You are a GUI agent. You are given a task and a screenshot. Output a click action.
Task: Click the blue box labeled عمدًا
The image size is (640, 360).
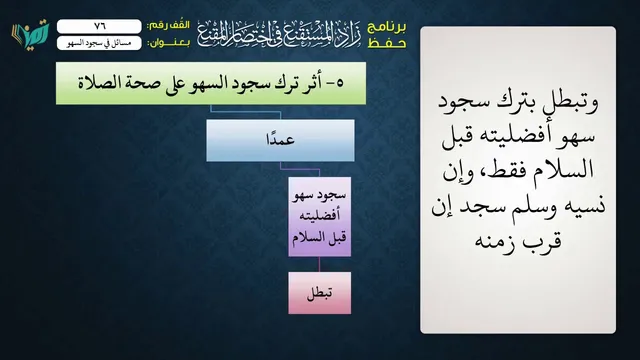pos(280,140)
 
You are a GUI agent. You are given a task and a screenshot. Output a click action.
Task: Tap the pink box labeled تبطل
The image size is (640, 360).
pos(320,293)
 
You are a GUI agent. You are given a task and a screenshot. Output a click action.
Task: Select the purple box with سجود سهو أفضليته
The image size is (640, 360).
pos(320,217)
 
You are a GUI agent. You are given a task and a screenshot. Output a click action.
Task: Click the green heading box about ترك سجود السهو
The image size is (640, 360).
pos(211,83)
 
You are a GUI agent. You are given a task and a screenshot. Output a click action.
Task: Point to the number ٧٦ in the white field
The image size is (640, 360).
pos(100,26)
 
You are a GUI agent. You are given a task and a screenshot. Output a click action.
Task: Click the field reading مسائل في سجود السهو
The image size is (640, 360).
pos(99,43)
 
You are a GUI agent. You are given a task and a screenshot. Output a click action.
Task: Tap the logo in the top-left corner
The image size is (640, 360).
pos(30,34)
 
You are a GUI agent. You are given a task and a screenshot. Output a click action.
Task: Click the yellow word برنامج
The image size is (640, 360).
pos(387,27)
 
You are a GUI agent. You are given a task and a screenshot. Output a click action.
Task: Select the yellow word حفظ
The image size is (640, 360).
pos(387,43)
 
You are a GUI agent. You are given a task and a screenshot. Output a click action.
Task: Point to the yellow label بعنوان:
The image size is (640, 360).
pos(169,43)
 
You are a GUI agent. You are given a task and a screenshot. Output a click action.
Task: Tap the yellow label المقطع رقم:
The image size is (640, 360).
pos(169,26)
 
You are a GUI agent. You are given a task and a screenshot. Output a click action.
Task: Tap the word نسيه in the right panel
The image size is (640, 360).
pos(584,205)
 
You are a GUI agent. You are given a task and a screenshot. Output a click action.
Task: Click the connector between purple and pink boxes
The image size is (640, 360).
pos(320,264)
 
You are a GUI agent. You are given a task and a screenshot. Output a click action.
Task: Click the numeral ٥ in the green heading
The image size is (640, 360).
pos(340,84)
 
